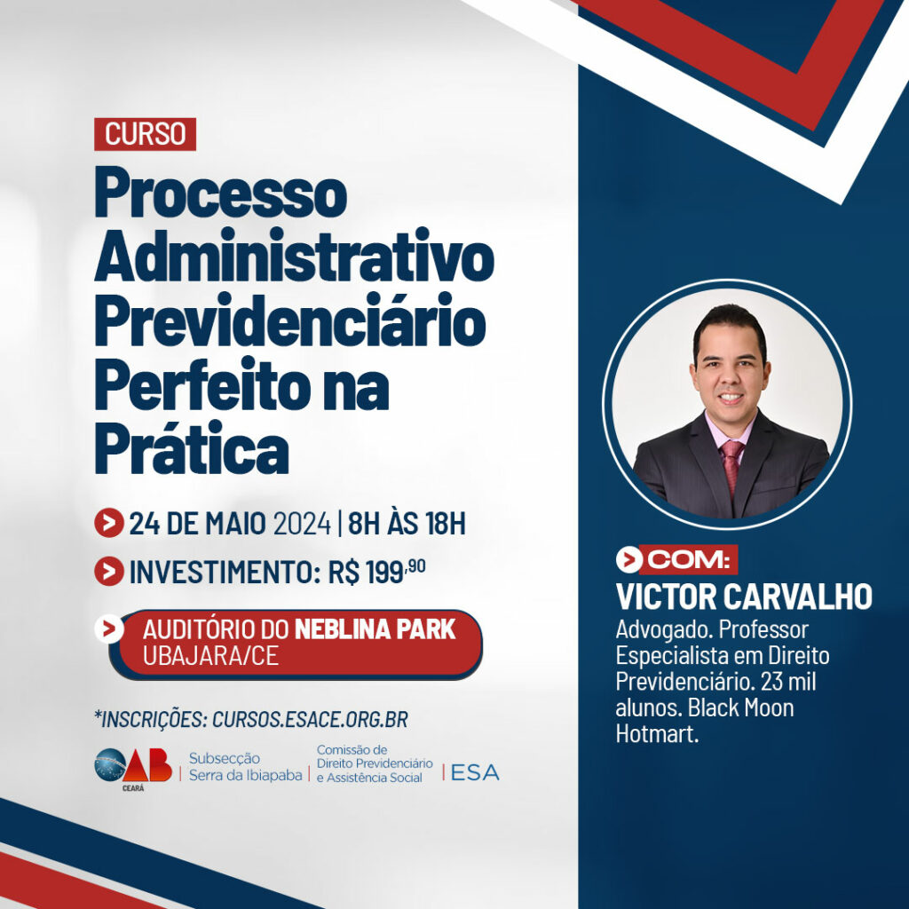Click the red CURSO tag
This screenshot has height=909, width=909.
(x=145, y=134)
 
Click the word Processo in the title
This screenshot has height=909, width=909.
(x=221, y=193)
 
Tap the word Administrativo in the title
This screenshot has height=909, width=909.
(x=295, y=257)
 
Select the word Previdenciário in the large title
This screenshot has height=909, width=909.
(x=290, y=320)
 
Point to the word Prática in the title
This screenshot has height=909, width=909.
(x=192, y=448)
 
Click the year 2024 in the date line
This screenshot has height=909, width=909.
(x=302, y=524)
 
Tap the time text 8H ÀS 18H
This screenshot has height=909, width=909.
(x=407, y=523)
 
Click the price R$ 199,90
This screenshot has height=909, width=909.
(x=376, y=572)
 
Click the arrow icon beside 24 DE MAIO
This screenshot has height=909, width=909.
(x=109, y=523)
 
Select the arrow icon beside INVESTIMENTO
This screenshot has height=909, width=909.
(x=109, y=572)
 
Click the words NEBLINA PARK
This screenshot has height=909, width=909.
(x=375, y=630)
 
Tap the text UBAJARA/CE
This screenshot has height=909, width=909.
(x=211, y=656)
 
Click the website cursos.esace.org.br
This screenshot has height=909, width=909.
(x=310, y=719)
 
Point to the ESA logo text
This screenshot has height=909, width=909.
(x=475, y=773)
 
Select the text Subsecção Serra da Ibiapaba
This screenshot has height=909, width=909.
(x=245, y=767)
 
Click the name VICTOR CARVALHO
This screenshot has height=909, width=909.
(x=744, y=597)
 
